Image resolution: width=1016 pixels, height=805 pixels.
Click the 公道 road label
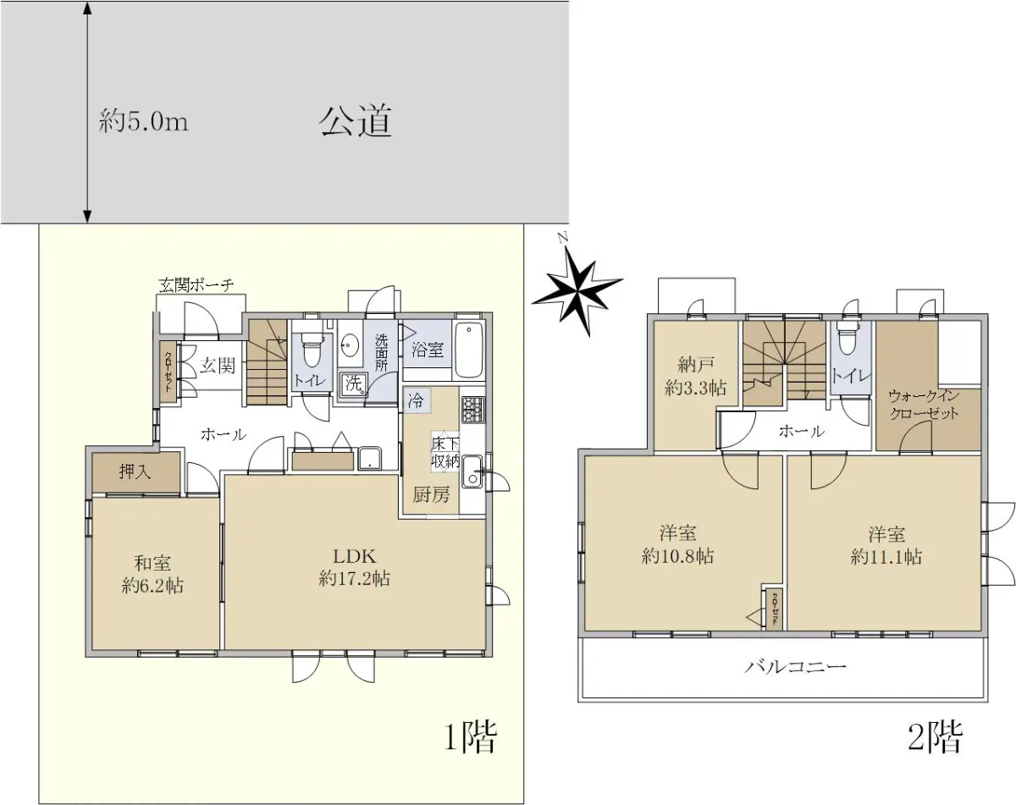[355, 121]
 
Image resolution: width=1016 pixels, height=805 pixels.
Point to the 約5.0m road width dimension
[144, 122]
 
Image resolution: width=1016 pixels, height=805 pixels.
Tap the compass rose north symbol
[577, 292]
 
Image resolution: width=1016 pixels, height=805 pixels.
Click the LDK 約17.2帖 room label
[354, 567]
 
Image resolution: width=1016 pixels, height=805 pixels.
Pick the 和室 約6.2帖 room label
[152, 574]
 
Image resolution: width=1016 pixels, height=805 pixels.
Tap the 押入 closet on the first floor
[136, 472]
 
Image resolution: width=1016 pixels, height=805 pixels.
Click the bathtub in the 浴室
[469, 350]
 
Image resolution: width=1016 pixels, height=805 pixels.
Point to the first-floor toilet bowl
[311, 350]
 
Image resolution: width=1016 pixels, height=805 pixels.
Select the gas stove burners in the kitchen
[472, 410]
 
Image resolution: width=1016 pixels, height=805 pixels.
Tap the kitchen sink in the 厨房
[472, 471]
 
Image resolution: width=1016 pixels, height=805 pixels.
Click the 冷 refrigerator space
[417, 401]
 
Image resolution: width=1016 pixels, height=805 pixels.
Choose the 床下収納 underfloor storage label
[444, 451]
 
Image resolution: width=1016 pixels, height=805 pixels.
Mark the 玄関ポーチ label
[196, 285]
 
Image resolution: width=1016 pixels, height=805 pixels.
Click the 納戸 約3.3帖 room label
[696, 377]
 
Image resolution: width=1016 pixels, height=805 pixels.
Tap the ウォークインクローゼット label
[924, 405]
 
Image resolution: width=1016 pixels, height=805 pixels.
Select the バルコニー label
[796, 667]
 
